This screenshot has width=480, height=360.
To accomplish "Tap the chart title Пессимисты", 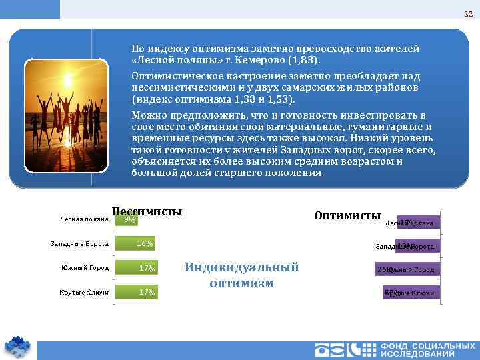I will click(147, 211).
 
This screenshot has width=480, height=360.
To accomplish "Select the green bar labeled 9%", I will click(127, 219).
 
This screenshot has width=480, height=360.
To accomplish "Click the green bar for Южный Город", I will click(137, 268).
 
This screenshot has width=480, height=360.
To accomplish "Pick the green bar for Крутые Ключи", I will click(137, 292).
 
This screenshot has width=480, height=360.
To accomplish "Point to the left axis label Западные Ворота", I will click(79, 244).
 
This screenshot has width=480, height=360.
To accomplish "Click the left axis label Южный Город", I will click(85, 268).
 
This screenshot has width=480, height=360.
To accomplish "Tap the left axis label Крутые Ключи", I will click(84, 292).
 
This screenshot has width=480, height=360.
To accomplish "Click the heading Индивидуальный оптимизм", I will click(241, 274).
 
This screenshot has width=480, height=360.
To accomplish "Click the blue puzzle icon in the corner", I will click(17, 345).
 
